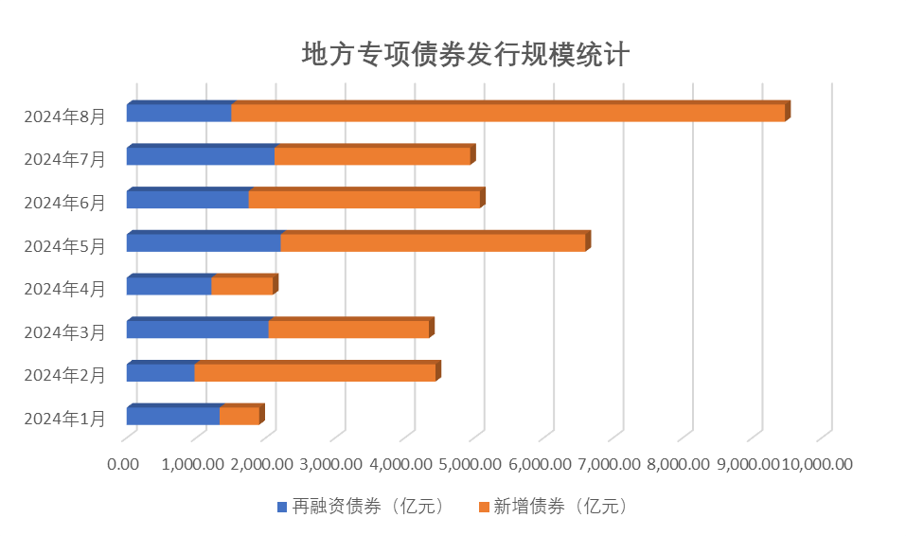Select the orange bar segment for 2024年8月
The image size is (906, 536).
[x=507, y=113]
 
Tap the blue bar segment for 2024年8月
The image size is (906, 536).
[x=179, y=113]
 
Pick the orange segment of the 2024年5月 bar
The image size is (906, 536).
[x=433, y=242]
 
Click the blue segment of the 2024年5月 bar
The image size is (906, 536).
[x=204, y=242]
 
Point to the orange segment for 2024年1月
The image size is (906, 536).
[x=240, y=416]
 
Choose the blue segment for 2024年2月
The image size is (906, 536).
[x=160, y=372]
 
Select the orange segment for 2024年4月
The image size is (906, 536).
[x=242, y=286]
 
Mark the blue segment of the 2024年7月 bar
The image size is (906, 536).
[x=201, y=156]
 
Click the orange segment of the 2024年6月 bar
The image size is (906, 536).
[x=364, y=200]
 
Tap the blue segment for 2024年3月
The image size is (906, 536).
[x=197, y=330]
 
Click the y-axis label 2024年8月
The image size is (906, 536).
[x=64, y=116]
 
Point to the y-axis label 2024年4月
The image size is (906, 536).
[x=64, y=290]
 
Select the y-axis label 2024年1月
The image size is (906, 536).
[x=64, y=419]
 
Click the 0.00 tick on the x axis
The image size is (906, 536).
[x=123, y=464]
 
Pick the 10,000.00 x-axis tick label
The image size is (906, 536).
[x=818, y=464]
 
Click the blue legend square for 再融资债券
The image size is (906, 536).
[x=281, y=507]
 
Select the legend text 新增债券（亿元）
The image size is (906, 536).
[x=560, y=507]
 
